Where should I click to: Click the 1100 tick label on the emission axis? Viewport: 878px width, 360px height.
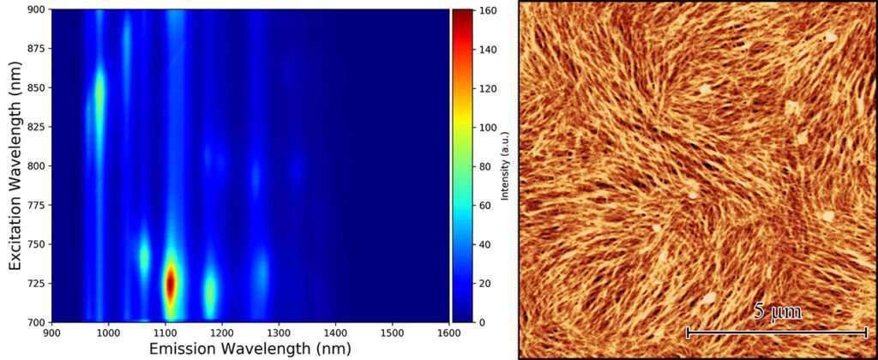coord(165,332)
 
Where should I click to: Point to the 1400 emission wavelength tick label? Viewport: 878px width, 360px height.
coord(334,332)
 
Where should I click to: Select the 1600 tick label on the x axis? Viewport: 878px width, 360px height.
coord(448,332)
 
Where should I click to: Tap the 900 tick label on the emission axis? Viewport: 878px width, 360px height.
coord(52,332)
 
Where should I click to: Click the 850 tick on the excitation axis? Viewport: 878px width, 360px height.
coord(34,87)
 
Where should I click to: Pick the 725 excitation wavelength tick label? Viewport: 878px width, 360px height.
coord(34,283)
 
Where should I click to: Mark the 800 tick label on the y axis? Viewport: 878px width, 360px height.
coord(34,165)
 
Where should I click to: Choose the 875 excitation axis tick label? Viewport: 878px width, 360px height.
coord(34,48)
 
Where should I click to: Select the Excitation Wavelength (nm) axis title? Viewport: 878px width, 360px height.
coord(15,165)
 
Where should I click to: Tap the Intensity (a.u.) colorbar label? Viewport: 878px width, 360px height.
coord(507,165)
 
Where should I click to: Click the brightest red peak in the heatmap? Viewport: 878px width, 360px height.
coord(171,283)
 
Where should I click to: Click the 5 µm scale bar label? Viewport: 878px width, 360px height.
coord(778,312)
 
